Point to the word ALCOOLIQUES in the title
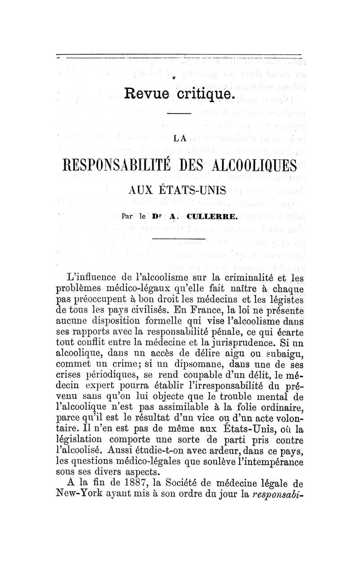(x=254, y=165)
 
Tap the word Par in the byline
(x=128, y=217)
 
